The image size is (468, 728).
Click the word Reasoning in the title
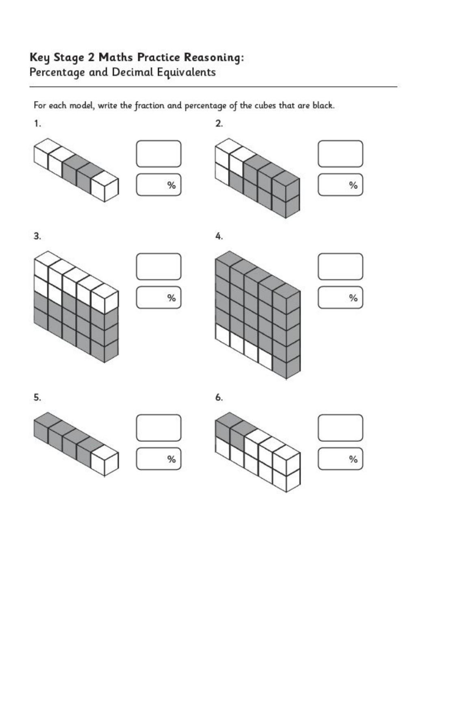pyautogui.click(x=214, y=58)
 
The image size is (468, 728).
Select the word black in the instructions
pyautogui.click(x=323, y=106)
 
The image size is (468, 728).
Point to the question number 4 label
pyautogui.click(x=219, y=236)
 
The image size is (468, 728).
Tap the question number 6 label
pyautogui.click(x=219, y=397)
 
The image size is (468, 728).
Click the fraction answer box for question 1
pyautogui.click(x=158, y=154)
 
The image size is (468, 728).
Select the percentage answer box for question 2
pyautogui.click(x=340, y=185)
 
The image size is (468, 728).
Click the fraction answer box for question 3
pyautogui.click(x=158, y=266)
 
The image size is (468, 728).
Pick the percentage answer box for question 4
pyautogui.click(x=340, y=298)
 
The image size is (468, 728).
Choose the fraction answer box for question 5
pyautogui.click(x=158, y=428)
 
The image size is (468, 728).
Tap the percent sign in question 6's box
pyautogui.click(x=353, y=459)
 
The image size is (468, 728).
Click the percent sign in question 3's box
pyautogui.click(x=171, y=298)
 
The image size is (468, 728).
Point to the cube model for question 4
pyautogui.click(x=258, y=315)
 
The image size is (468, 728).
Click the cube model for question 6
pyautogui.click(x=258, y=452)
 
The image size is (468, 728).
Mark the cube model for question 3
pyautogui.click(x=76, y=307)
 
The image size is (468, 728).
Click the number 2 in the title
pyautogui.click(x=91, y=58)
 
